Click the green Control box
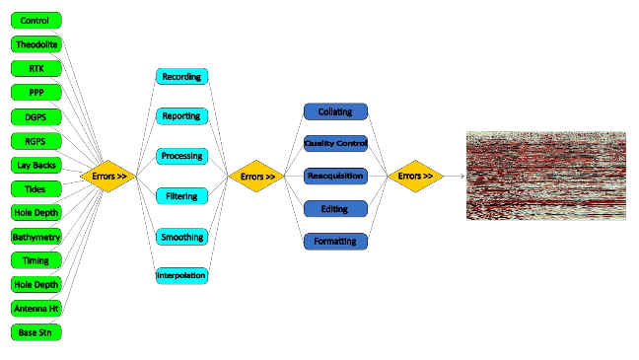[x=35, y=20]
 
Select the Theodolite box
[x=35, y=44]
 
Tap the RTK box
[x=35, y=68]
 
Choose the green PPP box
[x=35, y=92]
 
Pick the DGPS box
[x=35, y=116]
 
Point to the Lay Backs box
[x=35, y=164]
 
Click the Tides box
[x=35, y=188]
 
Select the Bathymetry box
[x=35, y=237]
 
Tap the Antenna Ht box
[x=35, y=309]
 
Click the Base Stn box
[x=35, y=332]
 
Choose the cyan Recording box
[x=181, y=76]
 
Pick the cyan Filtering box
[x=181, y=196]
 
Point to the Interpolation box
[x=181, y=275]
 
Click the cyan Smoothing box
[x=181, y=237]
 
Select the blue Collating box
[x=335, y=111]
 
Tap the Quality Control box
[x=335, y=144]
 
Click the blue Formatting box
[x=335, y=242]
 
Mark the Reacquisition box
[x=335, y=177]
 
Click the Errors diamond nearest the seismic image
[x=412, y=177]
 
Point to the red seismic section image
[x=547, y=173]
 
